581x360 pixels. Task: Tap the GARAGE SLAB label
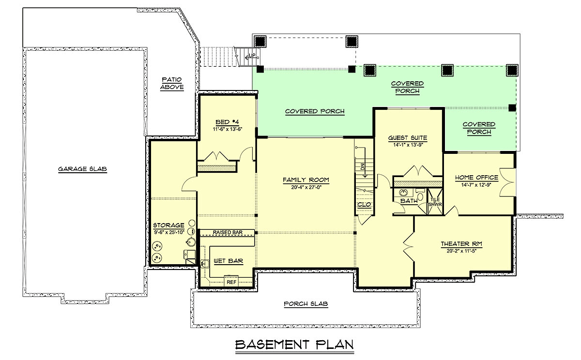point(82,169)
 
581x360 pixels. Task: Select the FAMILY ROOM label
point(306,180)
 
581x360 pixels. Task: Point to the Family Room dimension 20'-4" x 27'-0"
point(306,187)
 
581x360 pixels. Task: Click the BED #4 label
point(222,122)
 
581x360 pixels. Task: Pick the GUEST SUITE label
point(408,137)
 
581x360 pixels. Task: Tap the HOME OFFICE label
point(477,178)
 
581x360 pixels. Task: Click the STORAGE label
point(168,225)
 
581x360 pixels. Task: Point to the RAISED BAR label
point(227,233)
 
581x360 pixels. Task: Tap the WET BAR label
point(228,261)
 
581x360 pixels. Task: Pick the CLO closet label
point(364,205)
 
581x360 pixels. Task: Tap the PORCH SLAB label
point(306,304)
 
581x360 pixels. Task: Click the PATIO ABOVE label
point(172,83)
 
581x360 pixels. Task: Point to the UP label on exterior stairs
point(252,56)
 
